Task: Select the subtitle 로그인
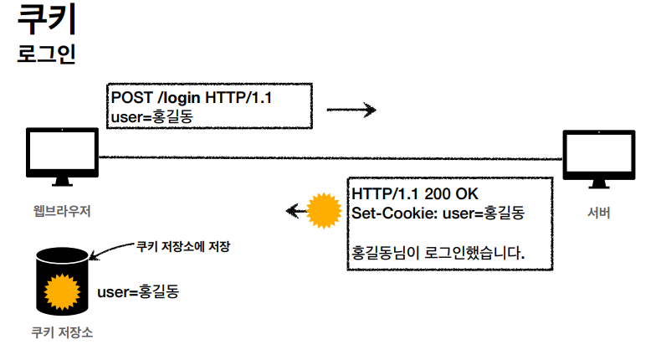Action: click(x=47, y=54)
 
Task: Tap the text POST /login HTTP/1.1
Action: click(x=192, y=98)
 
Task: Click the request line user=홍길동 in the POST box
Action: click(x=151, y=116)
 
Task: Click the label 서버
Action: click(x=598, y=213)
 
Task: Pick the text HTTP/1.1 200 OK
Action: click(x=414, y=195)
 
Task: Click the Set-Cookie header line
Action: click(x=438, y=213)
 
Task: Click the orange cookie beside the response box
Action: click(x=322, y=212)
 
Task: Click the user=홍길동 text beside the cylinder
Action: click(x=139, y=292)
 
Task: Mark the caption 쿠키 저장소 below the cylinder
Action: click(x=62, y=332)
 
